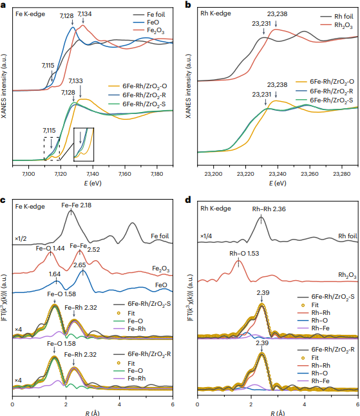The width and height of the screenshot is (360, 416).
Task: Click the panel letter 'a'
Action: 3,5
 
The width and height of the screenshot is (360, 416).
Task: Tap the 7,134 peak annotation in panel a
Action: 84,14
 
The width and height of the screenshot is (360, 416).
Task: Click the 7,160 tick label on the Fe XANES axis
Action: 125,174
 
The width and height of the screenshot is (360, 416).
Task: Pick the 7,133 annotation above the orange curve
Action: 75,81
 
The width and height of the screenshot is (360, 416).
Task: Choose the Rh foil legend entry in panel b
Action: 337,17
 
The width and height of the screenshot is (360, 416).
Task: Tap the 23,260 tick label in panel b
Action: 310,174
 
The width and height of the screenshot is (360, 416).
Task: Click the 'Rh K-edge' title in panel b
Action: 215,14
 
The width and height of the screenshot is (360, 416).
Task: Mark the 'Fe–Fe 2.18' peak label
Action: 77,205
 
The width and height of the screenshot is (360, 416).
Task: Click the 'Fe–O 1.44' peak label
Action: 50,249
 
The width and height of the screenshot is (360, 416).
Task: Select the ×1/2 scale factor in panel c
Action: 21,238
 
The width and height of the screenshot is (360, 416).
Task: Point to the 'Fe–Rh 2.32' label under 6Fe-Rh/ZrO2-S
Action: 81,307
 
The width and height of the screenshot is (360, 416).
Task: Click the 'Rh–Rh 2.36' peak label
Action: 269,209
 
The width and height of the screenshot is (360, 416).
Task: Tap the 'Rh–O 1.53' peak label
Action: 244,253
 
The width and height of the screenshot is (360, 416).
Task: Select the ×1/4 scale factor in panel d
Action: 206,236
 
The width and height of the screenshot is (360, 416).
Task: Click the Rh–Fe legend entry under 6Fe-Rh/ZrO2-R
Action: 314,381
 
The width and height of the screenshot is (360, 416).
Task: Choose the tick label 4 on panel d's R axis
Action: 305,404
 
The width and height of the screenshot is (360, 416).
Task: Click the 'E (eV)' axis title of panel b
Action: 278,183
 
